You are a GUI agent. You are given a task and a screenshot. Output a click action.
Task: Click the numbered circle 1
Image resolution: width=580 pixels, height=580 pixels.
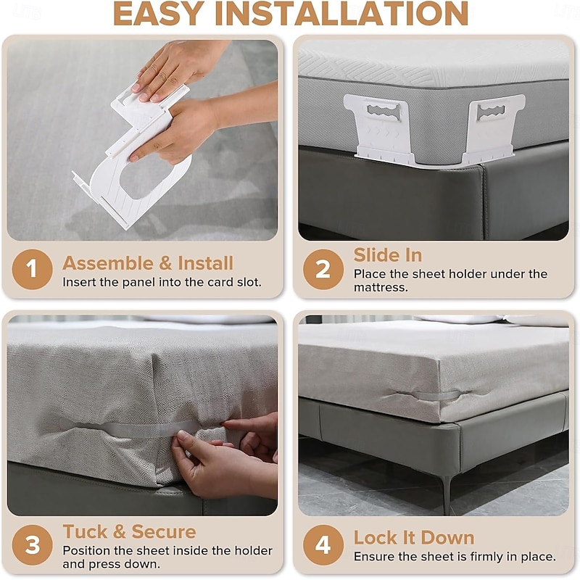click(x=32, y=269)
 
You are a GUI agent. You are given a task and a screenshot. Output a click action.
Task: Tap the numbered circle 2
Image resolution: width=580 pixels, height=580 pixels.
click(x=323, y=269)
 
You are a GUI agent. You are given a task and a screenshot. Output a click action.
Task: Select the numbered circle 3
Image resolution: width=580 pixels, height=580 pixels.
click(x=32, y=544)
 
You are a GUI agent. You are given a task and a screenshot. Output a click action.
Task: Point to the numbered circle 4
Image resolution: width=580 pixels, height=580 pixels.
click(x=323, y=544)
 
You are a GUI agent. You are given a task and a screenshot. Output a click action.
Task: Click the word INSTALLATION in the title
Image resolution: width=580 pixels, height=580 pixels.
click(x=342, y=14)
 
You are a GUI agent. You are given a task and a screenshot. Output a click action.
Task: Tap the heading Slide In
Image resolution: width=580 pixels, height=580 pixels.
click(x=388, y=255)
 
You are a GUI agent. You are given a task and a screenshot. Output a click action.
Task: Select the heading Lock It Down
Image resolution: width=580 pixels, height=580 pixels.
click(x=413, y=537)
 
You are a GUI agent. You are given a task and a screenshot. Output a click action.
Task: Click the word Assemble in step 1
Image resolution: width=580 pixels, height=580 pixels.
click(x=108, y=263)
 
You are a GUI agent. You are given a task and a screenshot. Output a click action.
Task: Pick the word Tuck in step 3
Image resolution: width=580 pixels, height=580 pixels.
click(x=85, y=531)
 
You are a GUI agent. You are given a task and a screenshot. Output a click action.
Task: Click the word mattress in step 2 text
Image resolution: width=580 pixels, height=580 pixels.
click(x=381, y=287)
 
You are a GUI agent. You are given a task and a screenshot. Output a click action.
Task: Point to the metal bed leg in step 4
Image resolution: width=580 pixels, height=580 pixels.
click(x=447, y=494)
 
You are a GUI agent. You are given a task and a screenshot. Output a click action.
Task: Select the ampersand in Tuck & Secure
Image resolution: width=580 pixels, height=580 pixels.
click(x=119, y=532)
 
